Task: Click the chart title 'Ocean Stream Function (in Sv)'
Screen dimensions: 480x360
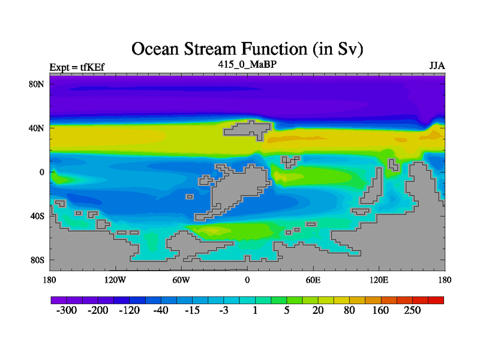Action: [247, 49]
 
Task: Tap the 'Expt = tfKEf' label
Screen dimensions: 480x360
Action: [77, 67]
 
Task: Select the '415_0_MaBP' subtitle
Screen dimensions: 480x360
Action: [247, 65]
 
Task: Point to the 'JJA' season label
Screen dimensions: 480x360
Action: [437, 66]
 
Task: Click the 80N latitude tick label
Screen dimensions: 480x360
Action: [37, 84]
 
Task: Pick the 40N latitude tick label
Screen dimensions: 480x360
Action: [37, 128]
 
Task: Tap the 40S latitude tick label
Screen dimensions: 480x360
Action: [37, 216]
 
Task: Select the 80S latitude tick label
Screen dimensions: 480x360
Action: [37, 260]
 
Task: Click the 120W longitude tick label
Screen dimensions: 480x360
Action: [115, 280]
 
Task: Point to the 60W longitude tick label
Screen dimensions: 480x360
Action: [181, 280]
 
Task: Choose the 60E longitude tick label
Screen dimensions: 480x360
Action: [313, 280]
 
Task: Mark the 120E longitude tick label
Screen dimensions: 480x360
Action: [379, 280]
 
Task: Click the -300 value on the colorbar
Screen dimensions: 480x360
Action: [67, 310]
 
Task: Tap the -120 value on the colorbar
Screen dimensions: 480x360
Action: [130, 310]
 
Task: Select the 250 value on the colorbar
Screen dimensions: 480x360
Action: [412, 310]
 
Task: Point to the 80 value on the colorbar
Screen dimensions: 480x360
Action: [349, 310]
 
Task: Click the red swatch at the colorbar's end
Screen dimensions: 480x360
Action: [436, 301]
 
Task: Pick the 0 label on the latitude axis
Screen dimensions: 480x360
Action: [41, 172]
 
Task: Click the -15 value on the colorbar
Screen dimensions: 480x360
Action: [192, 310]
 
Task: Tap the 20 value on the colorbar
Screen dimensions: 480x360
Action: [318, 310]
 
